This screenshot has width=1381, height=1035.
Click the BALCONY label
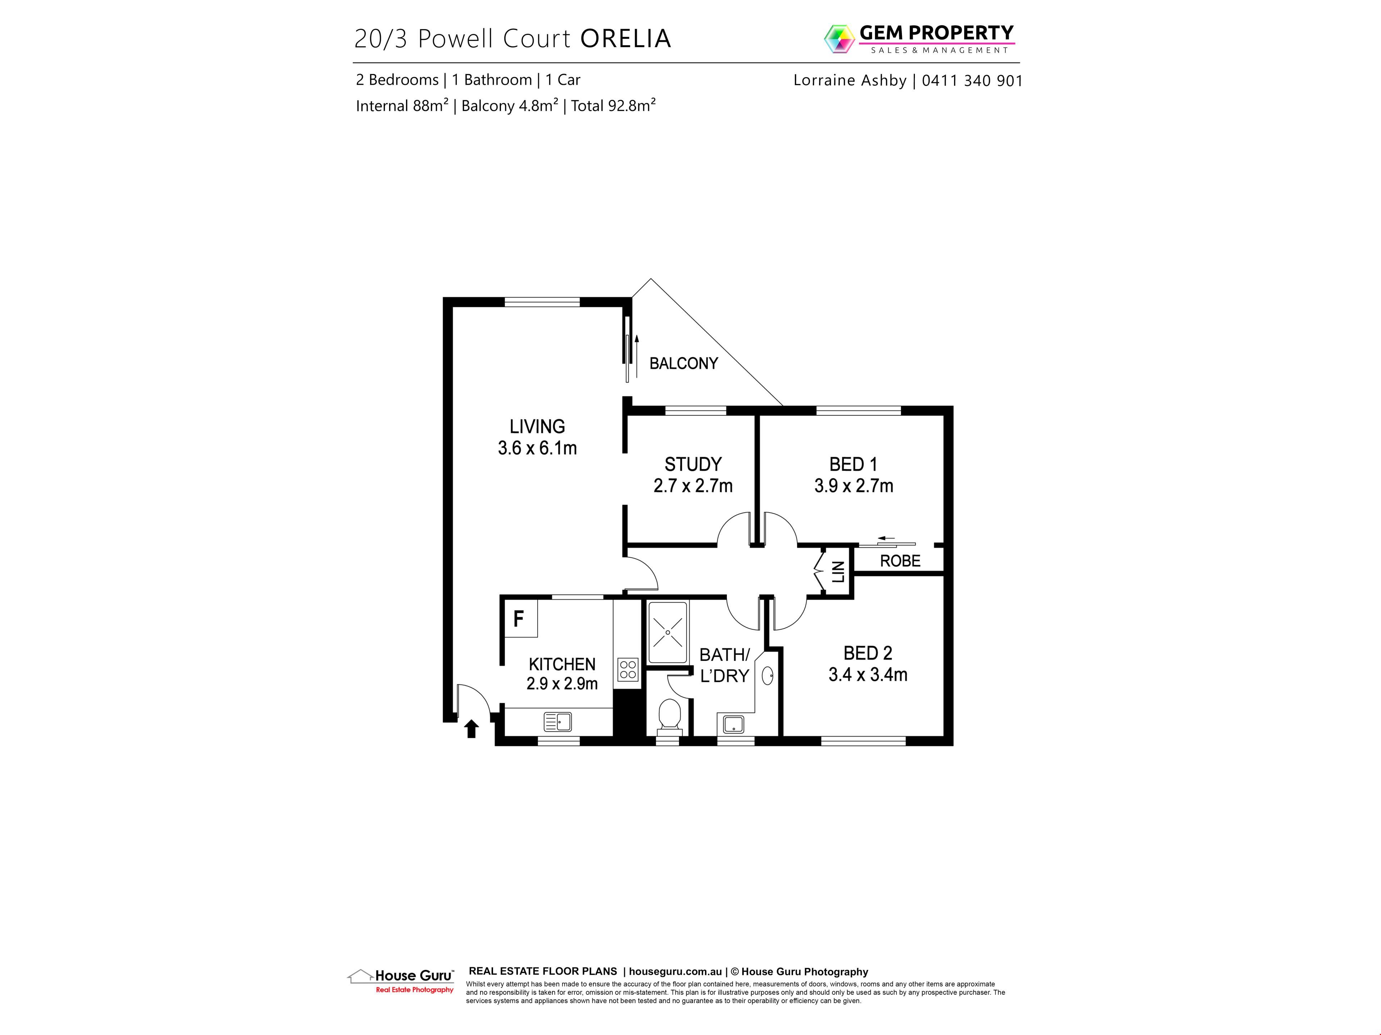tap(684, 363)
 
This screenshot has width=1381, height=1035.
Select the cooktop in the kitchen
tap(628, 670)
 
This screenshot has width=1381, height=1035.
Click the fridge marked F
tap(520, 618)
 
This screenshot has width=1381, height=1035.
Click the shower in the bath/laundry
tap(668, 632)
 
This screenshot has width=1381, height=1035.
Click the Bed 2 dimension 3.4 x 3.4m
tap(868, 675)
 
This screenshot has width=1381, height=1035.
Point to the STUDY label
tap(693, 464)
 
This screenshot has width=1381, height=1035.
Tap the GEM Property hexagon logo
tap(839, 39)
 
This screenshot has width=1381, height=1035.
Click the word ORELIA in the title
tap(625, 39)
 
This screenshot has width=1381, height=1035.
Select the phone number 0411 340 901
tap(972, 80)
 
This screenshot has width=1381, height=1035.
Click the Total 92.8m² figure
tap(613, 105)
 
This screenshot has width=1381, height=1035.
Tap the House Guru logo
tap(401, 980)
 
